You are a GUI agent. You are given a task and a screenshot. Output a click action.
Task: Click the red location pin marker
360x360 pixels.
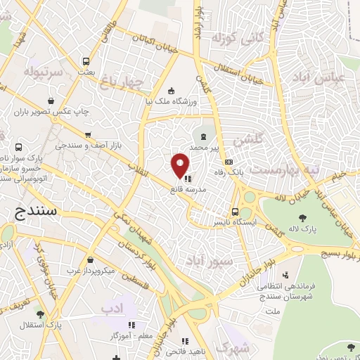180,165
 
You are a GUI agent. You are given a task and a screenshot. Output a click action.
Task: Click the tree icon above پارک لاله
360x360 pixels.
302,217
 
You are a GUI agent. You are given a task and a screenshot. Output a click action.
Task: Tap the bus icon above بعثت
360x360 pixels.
86,61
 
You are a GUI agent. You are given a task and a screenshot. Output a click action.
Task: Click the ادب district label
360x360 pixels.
111,308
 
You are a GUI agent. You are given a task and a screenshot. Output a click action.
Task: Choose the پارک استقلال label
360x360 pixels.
42,326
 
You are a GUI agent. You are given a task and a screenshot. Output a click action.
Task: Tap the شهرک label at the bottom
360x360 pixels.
234,346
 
